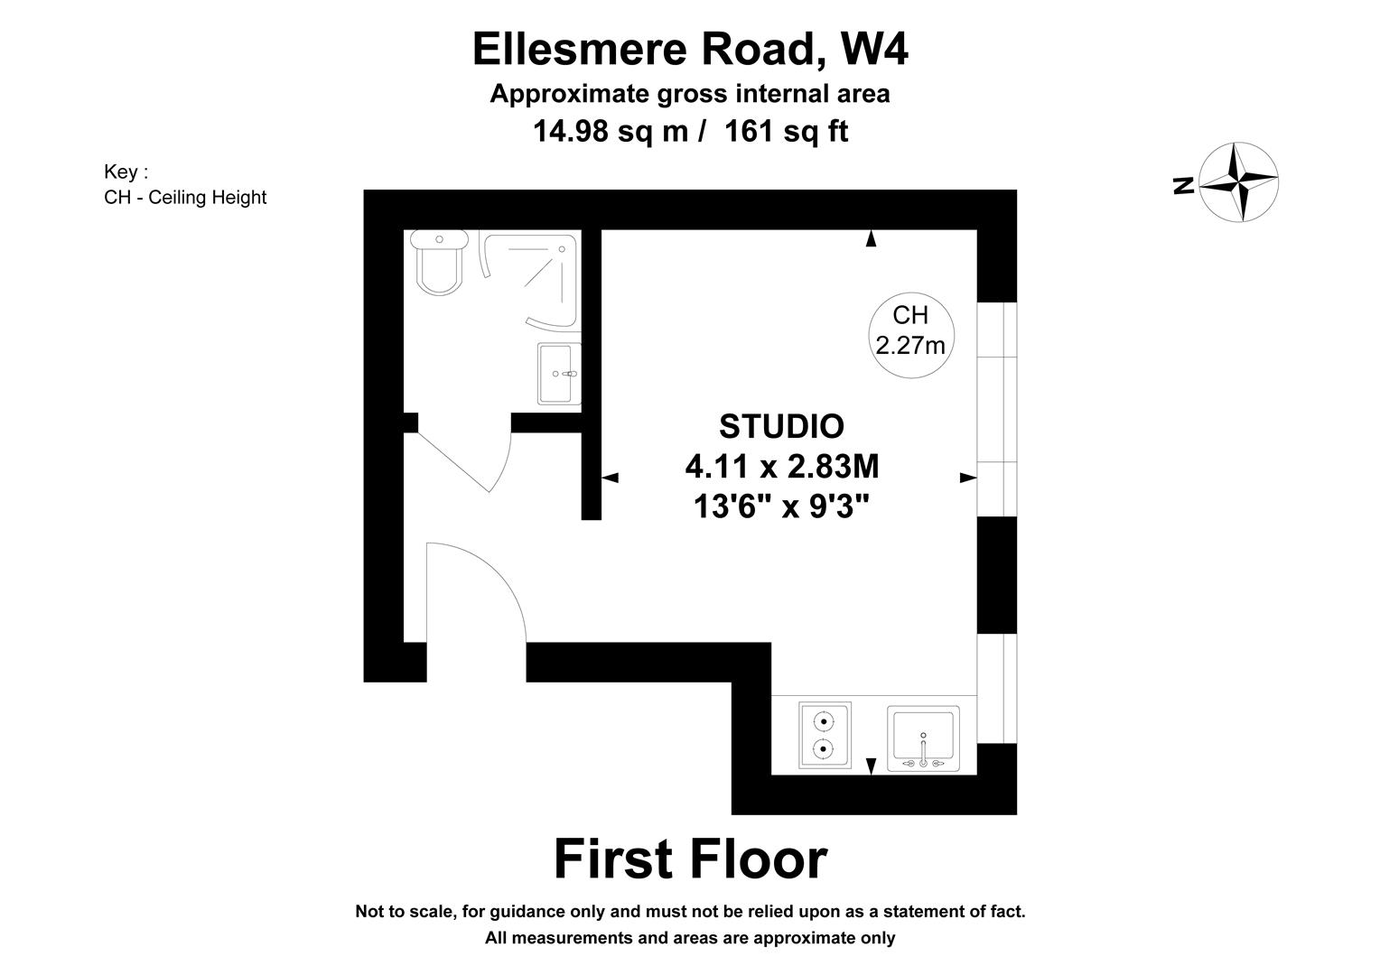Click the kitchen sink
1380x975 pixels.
click(923, 738)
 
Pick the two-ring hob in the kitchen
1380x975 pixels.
click(824, 735)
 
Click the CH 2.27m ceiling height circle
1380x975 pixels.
click(910, 330)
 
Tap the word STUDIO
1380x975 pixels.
click(781, 426)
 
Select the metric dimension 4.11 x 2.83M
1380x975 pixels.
click(781, 467)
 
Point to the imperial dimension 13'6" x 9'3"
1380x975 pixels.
click(781, 506)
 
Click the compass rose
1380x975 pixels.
click(1238, 181)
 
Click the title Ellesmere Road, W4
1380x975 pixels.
click(690, 50)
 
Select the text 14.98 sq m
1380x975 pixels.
click(611, 132)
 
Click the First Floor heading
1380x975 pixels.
click(690, 859)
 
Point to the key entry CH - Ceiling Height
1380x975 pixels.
click(185, 197)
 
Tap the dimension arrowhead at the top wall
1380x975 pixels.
click(871, 238)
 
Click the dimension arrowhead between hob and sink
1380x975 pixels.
click(871, 766)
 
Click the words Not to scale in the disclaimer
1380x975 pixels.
click(406, 912)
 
